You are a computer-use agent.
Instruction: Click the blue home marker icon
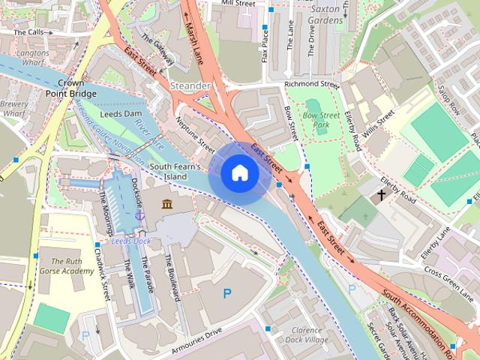(x=239, y=173)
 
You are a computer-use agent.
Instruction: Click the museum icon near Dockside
(x=166, y=205)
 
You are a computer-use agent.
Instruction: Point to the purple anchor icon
(x=139, y=215)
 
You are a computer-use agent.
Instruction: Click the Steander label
(x=190, y=86)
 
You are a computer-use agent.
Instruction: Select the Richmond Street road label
(x=312, y=85)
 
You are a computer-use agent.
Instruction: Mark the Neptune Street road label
(x=196, y=133)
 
